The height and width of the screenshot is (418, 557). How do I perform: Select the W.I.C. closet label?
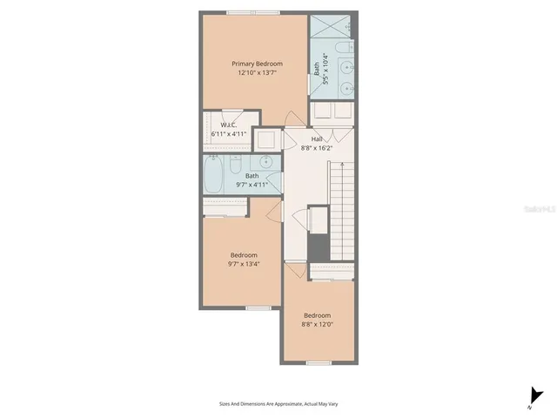click(229, 125)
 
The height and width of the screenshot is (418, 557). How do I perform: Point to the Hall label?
click(318, 138)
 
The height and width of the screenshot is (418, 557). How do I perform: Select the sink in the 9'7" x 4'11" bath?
click(268, 162)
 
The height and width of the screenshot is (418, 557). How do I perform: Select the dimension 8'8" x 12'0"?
click(317, 324)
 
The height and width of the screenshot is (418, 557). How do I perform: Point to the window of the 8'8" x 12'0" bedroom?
click(319, 362)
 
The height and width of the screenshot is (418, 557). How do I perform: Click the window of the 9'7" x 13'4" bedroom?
click(258, 308)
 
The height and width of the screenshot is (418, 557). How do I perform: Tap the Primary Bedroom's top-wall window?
click(254, 12)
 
